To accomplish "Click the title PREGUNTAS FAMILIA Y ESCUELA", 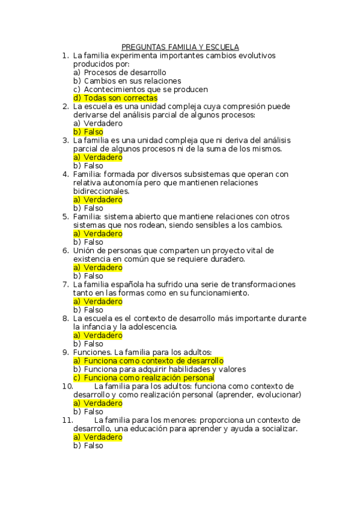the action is tap(180, 47).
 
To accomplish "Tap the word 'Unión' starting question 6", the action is tap(85, 250).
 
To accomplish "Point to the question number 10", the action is tap(67, 386).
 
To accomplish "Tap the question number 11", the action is tap(67, 420).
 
